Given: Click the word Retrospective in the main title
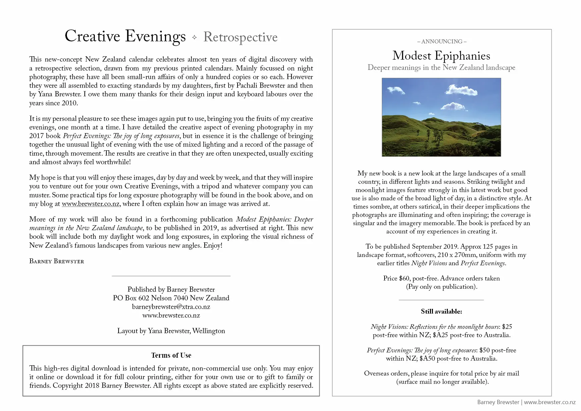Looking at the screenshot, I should coord(240,37).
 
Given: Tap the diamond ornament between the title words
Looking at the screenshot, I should coord(194,37).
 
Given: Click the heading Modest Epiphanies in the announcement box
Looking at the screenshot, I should coord(441,56).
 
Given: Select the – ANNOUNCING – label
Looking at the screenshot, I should coord(442,41).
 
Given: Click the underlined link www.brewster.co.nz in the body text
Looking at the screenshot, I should coord(90,204).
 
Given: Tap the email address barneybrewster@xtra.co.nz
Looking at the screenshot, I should coord(171,307).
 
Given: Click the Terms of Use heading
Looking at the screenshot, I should coord(171,355).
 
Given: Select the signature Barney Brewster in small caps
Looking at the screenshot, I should coord(57,261).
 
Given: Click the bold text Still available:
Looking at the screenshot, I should coord(441,312).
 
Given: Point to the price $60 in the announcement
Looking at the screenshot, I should coord(404,279).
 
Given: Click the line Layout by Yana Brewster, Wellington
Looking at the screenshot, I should coord(171,331).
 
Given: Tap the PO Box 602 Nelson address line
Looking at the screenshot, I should coord(171,298).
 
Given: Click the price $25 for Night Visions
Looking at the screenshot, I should coord(507,327).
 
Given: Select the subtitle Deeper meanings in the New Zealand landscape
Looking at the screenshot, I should coord(441,68).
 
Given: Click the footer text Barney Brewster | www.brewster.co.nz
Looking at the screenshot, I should coord(526,402).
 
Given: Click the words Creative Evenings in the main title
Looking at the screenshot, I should coord(125,36).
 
